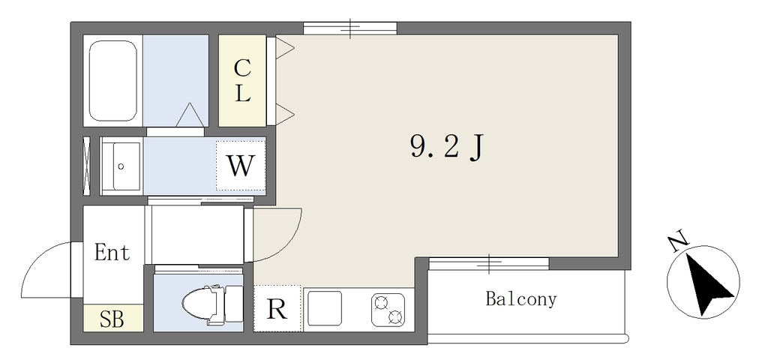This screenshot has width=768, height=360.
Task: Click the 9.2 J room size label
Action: click(447, 148)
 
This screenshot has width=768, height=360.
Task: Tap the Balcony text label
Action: click(521, 298)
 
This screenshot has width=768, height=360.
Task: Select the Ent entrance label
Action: click(112, 253)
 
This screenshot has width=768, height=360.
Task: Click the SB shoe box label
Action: click(112, 319)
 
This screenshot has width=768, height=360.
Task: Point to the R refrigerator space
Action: click(277, 308)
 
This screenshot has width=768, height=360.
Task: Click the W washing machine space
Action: click(241, 166)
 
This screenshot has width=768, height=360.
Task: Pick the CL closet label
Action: click(242, 81)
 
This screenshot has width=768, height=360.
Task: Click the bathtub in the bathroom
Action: click(113, 81)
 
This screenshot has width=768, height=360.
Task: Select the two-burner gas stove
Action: click(388, 310)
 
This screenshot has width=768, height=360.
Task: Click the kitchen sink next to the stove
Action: click(324, 310)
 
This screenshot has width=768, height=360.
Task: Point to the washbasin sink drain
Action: click(121, 166)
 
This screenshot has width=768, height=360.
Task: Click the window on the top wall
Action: click(349, 28)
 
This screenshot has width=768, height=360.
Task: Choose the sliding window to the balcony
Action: click(489, 263)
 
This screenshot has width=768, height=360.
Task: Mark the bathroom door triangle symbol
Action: click(190, 115)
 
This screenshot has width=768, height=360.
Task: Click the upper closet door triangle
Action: click(284, 48)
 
